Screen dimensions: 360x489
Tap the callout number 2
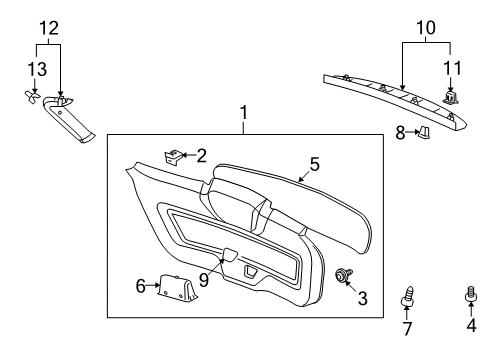coord(201,155)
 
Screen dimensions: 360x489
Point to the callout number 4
coord(469,327)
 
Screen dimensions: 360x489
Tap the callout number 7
coord(408,329)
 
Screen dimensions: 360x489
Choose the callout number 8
coord(401,130)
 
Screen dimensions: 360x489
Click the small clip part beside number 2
coord(174,156)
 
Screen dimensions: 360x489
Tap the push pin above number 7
coord(409,298)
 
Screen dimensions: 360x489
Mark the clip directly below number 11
coord(449,96)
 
